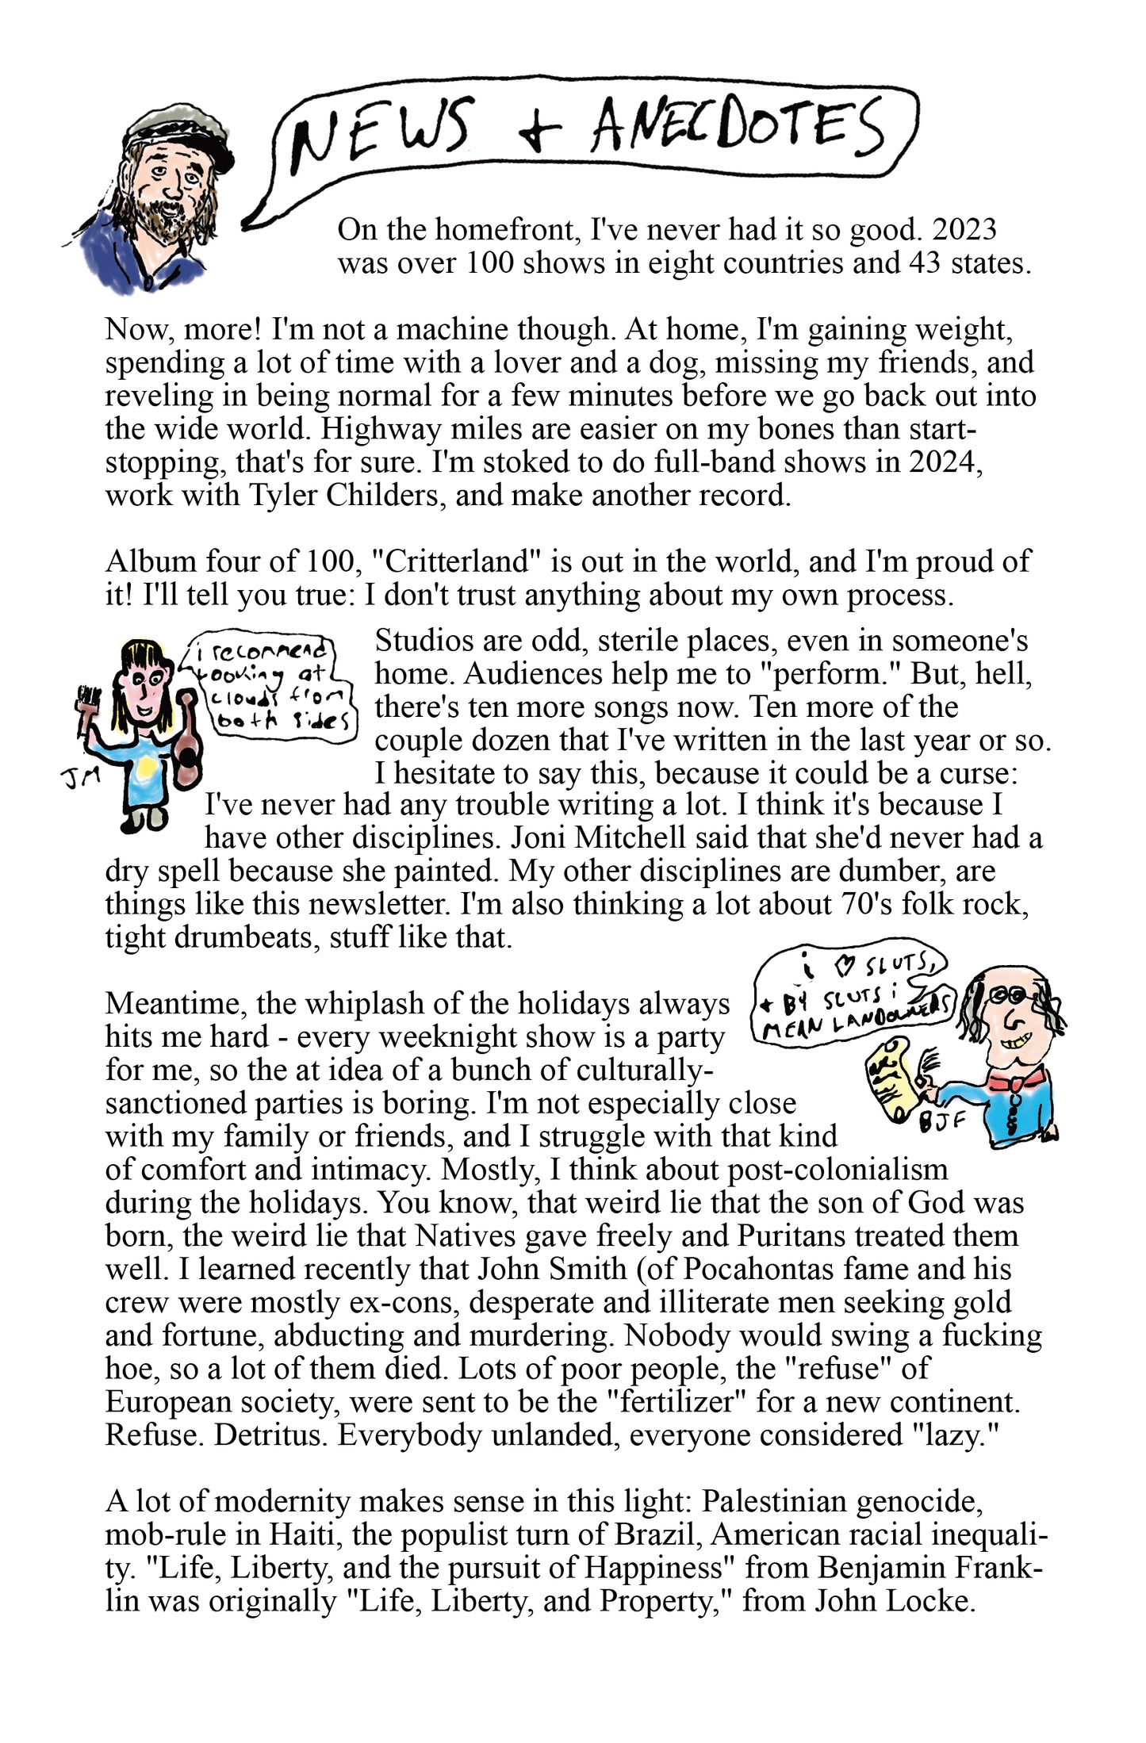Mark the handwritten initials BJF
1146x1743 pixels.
point(942,1122)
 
